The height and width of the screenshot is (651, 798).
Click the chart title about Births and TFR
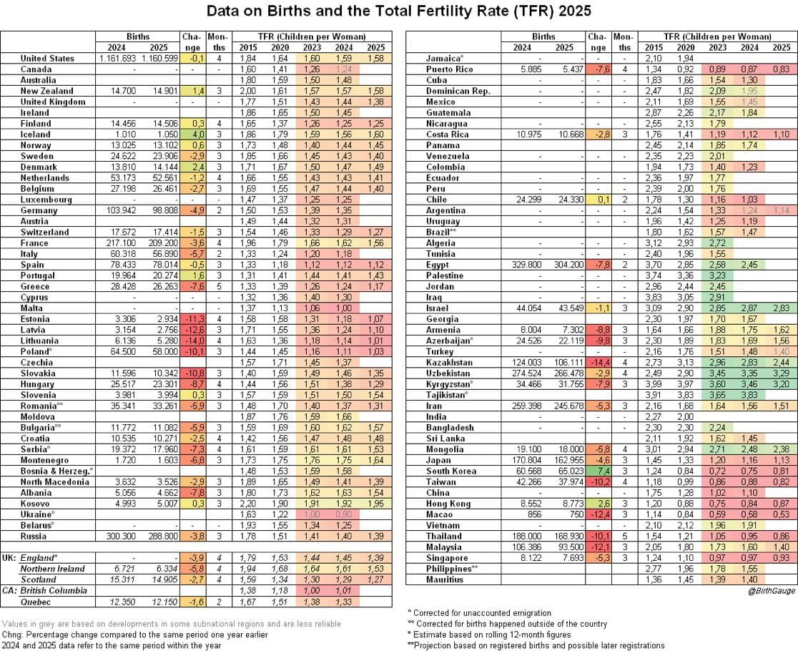pyautogui.click(x=398, y=11)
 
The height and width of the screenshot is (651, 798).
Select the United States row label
pyautogui.click(x=47, y=58)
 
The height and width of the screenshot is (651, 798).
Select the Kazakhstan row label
pyautogui.click(x=449, y=363)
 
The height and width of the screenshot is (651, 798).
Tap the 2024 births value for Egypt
pyautogui.click(x=528, y=265)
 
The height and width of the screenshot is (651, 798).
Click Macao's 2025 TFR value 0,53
pyautogui.click(x=781, y=514)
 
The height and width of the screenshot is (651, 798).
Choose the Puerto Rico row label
pyautogui.click(x=449, y=69)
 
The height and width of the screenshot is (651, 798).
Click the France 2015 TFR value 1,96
pyautogui.click(x=248, y=243)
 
